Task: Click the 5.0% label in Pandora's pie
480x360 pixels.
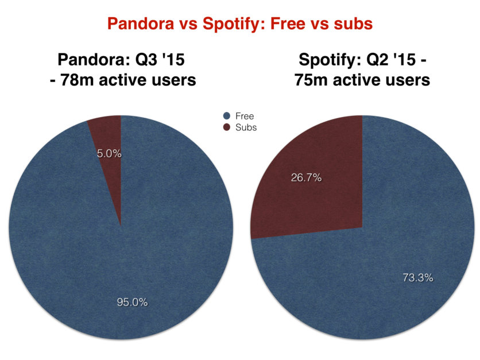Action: click(109, 153)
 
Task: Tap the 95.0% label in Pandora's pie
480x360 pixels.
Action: click(132, 302)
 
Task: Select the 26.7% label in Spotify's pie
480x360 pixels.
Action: click(306, 177)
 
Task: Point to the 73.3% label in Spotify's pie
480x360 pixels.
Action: click(418, 278)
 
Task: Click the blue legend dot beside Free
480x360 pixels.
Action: click(227, 116)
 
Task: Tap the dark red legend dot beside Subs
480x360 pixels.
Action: click(227, 127)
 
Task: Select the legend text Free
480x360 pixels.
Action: click(245, 116)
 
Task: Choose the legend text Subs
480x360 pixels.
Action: click(246, 127)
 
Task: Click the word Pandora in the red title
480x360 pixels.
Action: click(141, 24)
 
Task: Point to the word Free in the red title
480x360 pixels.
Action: click(288, 24)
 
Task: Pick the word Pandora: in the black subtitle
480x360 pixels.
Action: click(94, 59)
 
